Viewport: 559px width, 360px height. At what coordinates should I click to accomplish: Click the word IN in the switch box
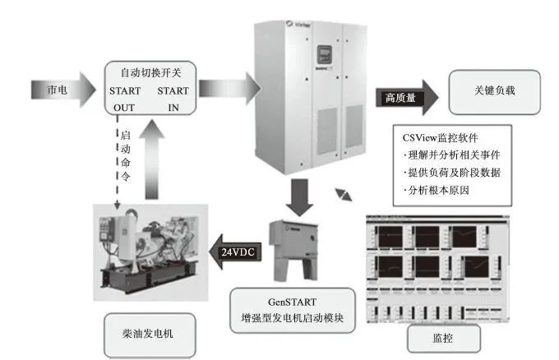click(173, 106)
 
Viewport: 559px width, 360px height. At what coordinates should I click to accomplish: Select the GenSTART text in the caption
click(293, 302)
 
